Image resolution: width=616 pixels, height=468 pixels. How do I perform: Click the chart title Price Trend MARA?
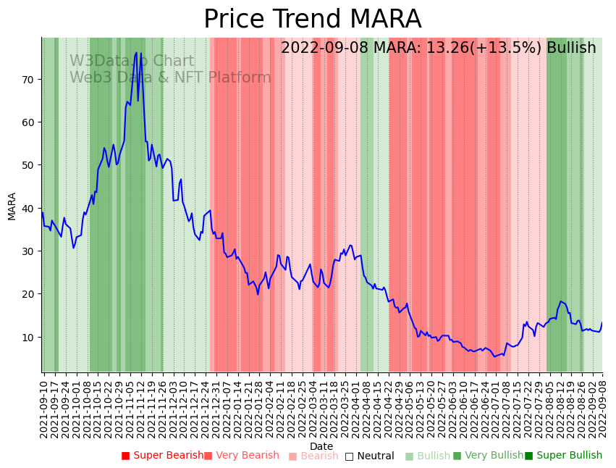click(312, 20)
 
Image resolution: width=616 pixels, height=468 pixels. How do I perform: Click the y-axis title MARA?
click(12, 206)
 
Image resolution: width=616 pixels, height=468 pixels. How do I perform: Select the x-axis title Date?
click(321, 446)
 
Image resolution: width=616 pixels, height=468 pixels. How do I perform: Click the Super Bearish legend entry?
click(163, 456)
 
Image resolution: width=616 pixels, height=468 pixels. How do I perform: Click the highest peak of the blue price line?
click(136, 52)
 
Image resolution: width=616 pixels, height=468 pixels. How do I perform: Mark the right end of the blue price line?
click(602, 323)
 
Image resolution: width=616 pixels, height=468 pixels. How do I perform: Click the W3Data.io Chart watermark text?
click(132, 62)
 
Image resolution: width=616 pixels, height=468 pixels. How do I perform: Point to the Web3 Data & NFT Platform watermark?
click(170, 78)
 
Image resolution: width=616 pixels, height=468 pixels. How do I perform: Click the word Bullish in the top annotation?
click(571, 48)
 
